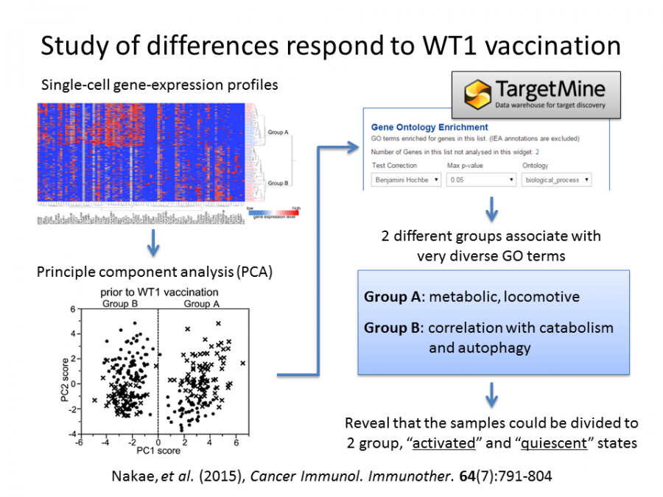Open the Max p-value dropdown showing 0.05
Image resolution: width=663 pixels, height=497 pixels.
click(481, 180)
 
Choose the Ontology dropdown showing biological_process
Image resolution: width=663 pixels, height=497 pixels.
click(556, 180)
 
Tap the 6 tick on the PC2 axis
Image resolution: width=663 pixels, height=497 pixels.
click(74, 310)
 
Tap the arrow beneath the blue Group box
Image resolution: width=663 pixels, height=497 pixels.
click(492, 397)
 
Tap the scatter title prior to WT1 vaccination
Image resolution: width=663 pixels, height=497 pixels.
click(160, 293)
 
